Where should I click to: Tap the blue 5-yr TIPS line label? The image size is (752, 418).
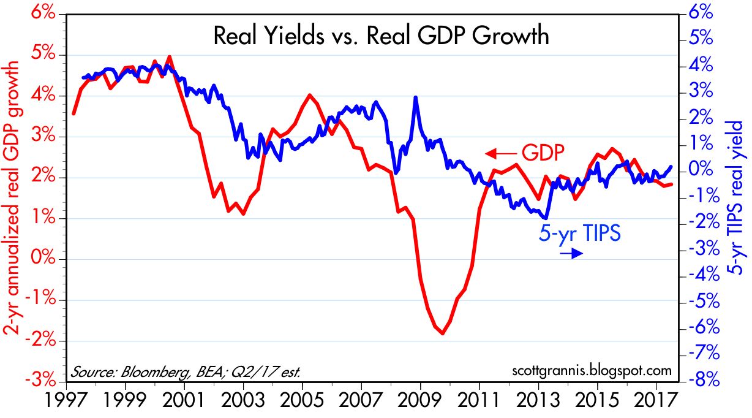click(x=581, y=234)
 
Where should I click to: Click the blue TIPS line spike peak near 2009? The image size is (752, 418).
click(x=416, y=97)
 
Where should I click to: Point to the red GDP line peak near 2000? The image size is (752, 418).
click(x=170, y=56)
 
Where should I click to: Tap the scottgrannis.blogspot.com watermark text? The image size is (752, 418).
click(x=590, y=371)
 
